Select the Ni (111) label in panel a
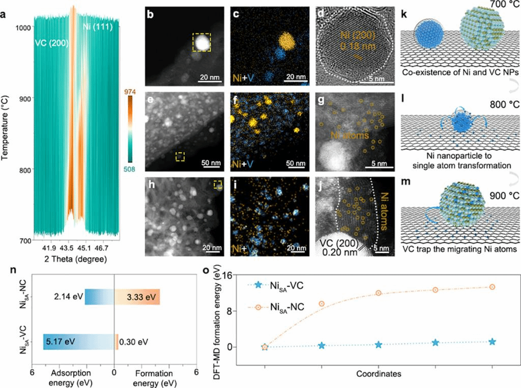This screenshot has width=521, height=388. (93, 22)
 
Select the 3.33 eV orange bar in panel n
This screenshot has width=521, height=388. (137, 297)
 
